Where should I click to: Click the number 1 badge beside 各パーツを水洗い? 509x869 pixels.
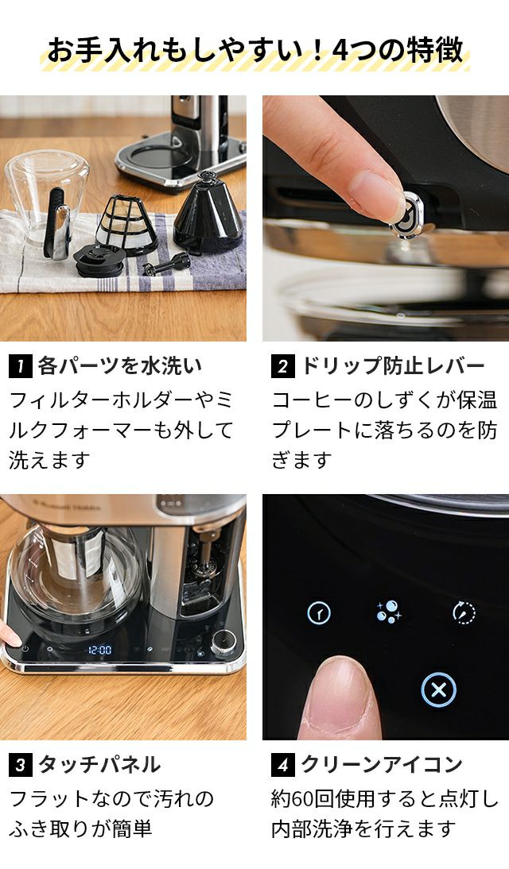pos(21,366)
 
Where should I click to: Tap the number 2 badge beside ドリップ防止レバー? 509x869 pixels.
pos(283,366)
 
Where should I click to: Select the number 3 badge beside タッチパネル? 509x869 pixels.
pos(21,765)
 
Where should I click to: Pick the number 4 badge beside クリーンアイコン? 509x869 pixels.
pos(283,765)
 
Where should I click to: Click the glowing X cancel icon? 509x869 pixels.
pos(438,690)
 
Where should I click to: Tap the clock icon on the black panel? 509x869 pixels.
pos(319,613)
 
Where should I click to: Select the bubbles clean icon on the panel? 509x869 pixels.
pos(389,612)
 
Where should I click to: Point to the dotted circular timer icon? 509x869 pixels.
pos(464,612)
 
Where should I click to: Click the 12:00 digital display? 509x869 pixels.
pos(100,650)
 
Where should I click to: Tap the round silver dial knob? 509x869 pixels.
pos(223,643)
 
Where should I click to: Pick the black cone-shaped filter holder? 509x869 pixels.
pos(208,214)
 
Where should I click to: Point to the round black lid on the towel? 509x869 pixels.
pos(100,261)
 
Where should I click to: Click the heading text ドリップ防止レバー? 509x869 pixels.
pos(393,366)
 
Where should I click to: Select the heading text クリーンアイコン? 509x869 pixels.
pos(382,765)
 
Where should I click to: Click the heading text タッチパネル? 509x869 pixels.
pos(99,765)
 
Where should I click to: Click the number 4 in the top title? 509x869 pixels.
pos(339,50)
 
